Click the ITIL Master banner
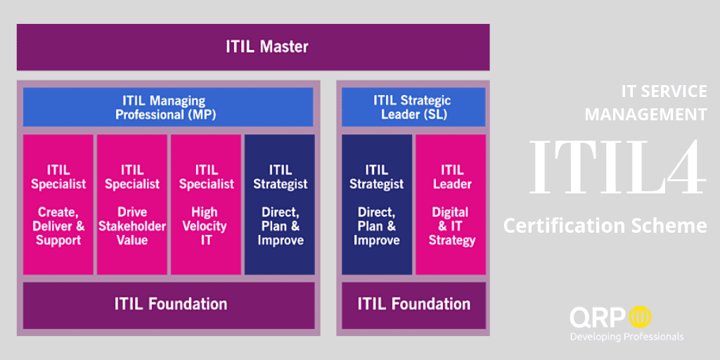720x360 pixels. tap(253, 47)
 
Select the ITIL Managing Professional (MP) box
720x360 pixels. tap(168, 107)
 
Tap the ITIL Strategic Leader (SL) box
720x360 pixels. tap(413, 107)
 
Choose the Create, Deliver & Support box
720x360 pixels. tap(58, 205)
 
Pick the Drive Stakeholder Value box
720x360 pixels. tap(132, 205)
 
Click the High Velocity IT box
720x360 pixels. tap(206, 205)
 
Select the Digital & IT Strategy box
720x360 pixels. tap(451, 205)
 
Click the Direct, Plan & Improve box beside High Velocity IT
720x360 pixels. tap(280, 205)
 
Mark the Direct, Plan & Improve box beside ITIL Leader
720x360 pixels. tap(377, 205)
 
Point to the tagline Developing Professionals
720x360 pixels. tap(626, 337)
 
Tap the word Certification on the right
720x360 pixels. tap(572, 226)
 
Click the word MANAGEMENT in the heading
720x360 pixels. tap(646, 115)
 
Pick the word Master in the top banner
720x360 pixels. tap(284, 47)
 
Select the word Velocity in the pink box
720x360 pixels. tap(206, 226)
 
